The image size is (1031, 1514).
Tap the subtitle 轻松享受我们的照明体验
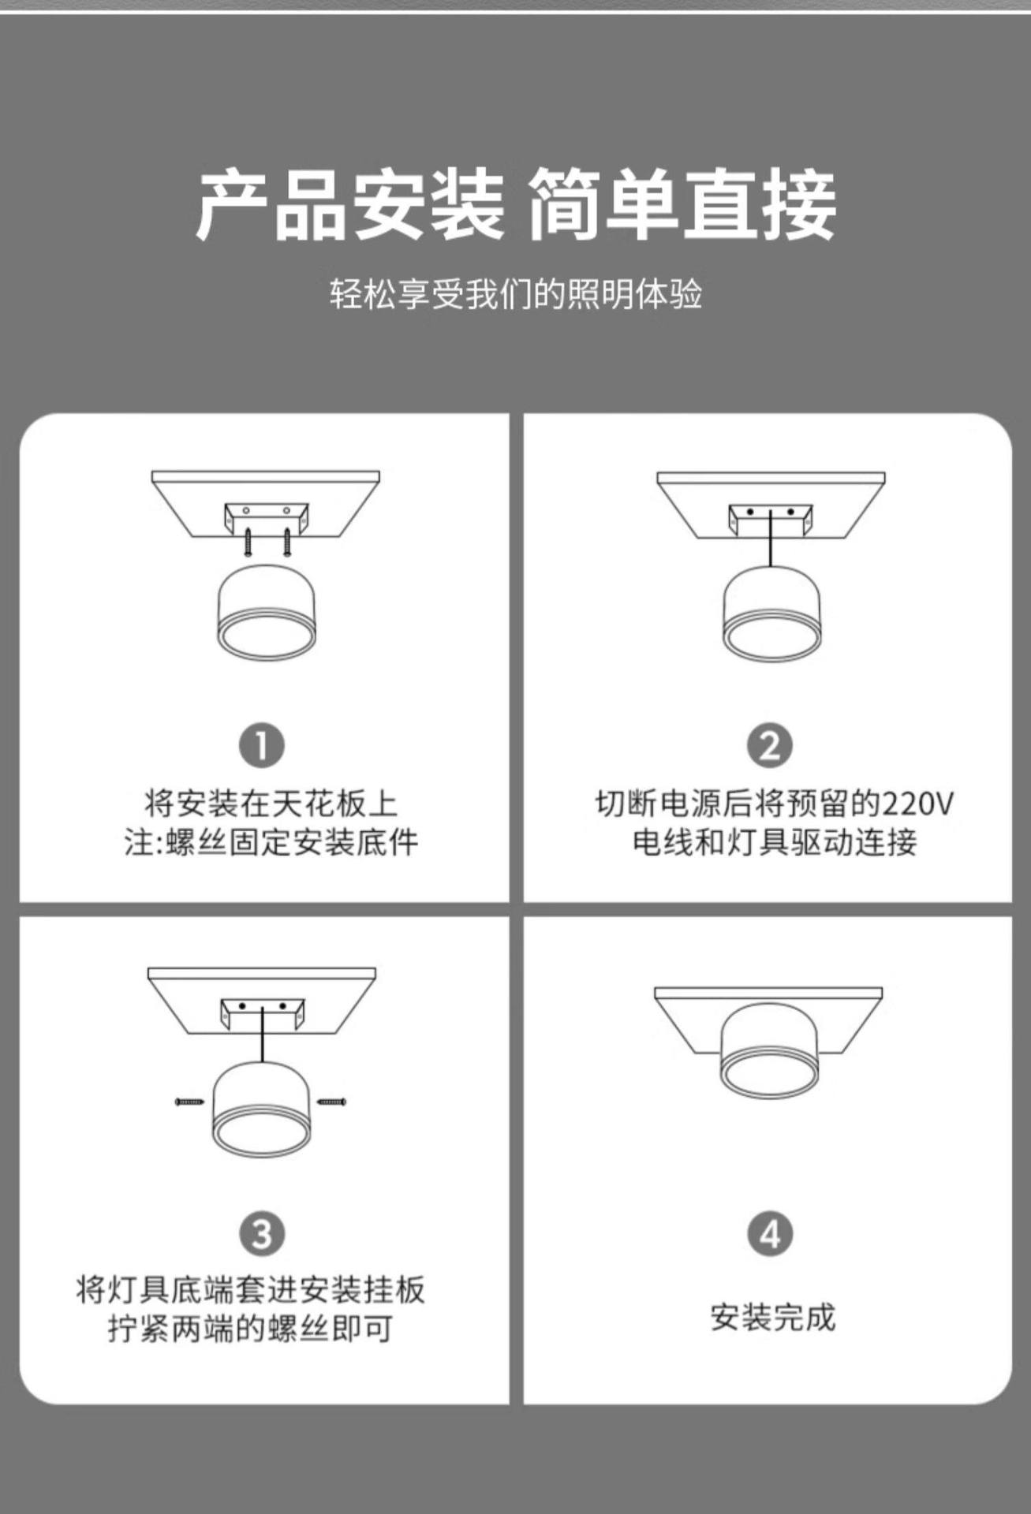tap(516, 295)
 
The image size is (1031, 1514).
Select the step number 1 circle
tap(262, 746)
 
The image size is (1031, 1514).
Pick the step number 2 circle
tap(770, 746)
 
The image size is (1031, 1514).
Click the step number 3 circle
tap(262, 1234)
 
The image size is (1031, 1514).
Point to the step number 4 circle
tap(770, 1234)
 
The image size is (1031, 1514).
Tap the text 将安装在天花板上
tap(271, 804)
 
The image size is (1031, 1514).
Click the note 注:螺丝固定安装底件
tap(271, 843)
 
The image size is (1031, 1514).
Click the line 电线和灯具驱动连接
tap(775, 843)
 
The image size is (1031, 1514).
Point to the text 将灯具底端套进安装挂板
tap(251, 1291)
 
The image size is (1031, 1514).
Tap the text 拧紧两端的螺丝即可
tap(251, 1329)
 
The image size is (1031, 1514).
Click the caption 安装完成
tap(772, 1317)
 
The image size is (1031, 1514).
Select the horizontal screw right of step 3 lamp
tap(331, 1101)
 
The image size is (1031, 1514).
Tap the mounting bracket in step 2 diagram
tap(769, 519)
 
